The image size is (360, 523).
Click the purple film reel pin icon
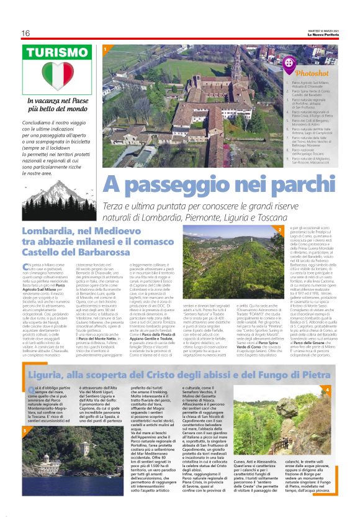point(290,63)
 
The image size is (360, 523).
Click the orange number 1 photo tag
point(106,48)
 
